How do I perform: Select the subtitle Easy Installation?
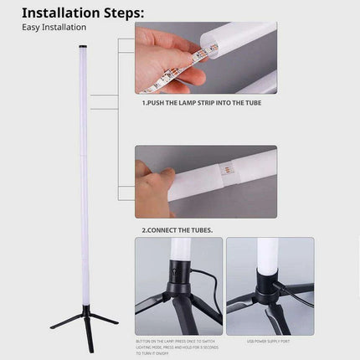click(54, 28)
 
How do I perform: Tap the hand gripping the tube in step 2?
click(151, 188)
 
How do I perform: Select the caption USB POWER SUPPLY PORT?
click(269, 342)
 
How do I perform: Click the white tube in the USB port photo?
click(268, 255)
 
